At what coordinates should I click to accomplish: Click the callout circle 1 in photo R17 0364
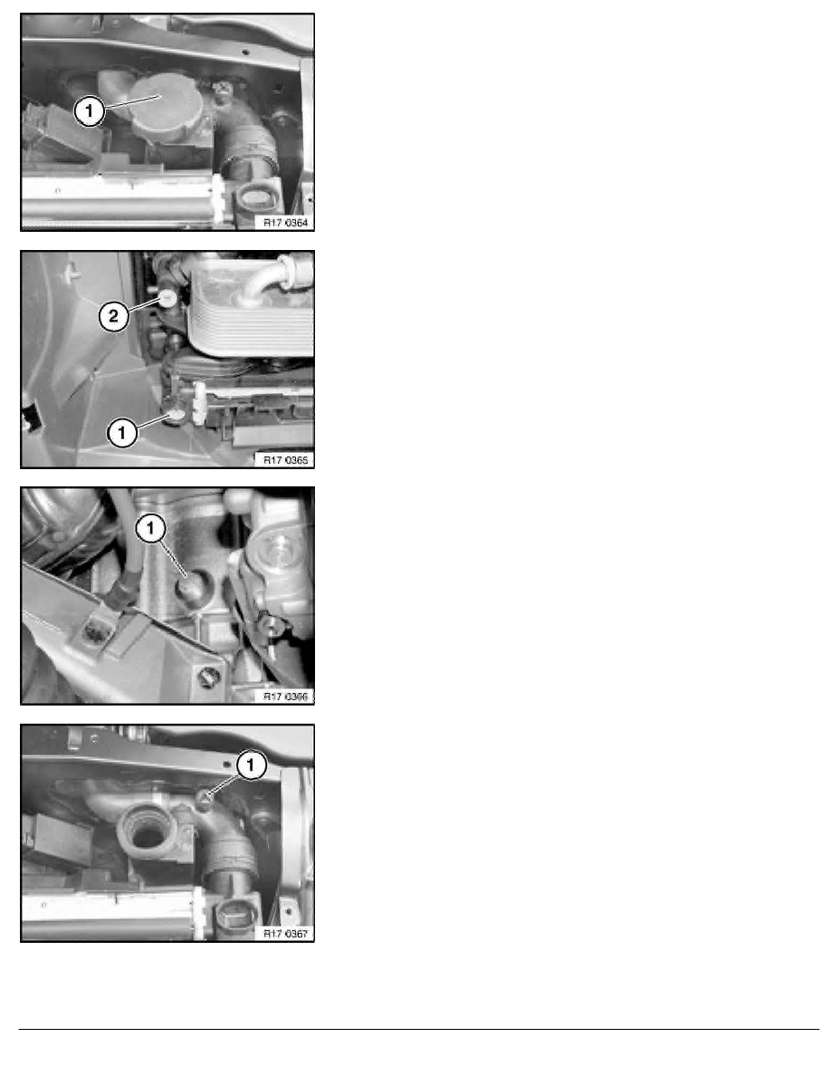[89, 111]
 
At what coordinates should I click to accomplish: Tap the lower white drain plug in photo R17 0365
[175, 415]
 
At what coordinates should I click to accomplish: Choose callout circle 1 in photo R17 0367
[253, 766]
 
